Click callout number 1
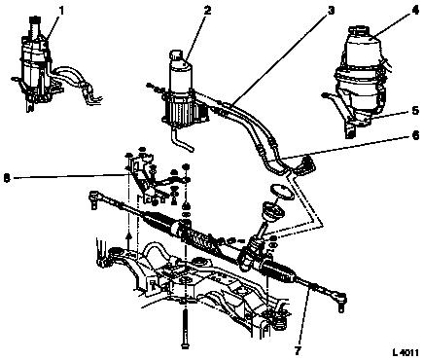[x=61, y=11]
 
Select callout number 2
[x=207, y=10]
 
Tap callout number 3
[x=330, y=10]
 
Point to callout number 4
[x=415, y=10]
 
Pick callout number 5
[x=415, y=111]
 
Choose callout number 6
[x=415, y=135]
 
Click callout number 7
[x=298, y=350]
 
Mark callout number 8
[x=7, y=178]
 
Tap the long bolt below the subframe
[x=184, y=327]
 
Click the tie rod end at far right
[x=339, y=300]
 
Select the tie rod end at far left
[x=95, y=198]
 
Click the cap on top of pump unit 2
[x=176, y=54]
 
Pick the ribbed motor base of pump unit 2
[x=184, y=110]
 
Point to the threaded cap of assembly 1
[x=34, y=21]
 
